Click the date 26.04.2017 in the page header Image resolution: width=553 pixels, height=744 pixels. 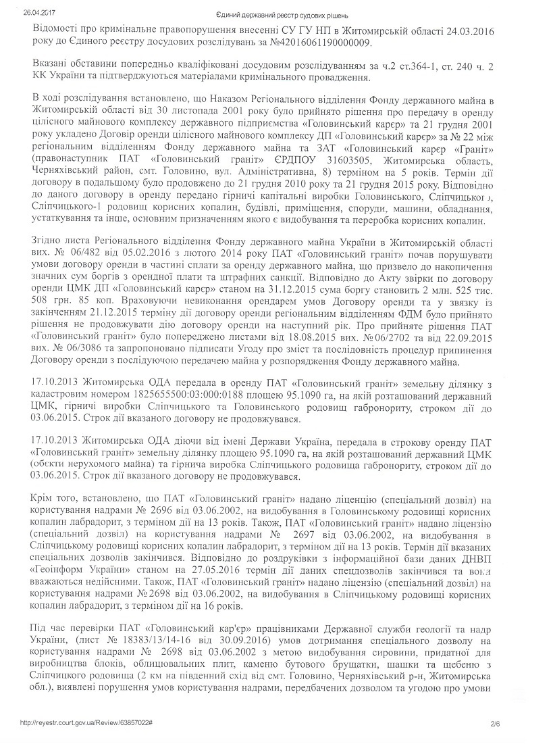pyautogui.click(x=37, y=11)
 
